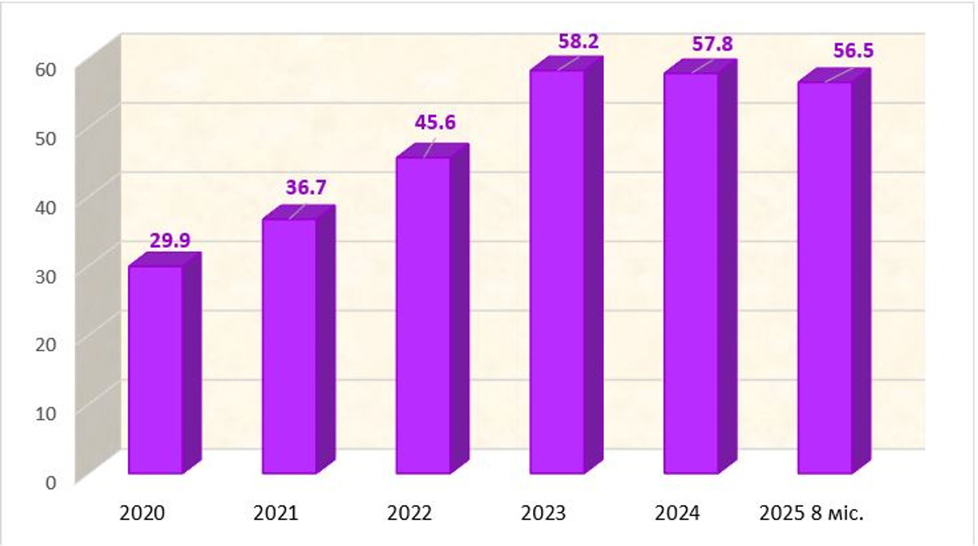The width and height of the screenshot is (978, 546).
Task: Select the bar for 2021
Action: [x=289, y=346]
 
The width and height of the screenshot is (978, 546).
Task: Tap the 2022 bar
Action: [x=422, y=315]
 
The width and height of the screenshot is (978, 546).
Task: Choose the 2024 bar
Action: [x=690, y=273]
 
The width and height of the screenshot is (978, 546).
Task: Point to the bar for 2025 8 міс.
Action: [x=824, y=277]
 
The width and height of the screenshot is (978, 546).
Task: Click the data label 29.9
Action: [x=170, y=240]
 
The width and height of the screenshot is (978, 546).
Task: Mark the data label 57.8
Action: [x=713, y=44]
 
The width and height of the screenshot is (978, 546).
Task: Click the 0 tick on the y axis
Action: [x=51, y=482]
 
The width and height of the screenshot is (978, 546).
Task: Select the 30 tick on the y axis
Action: [x=46, y=275]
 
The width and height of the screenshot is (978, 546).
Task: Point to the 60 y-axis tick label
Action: [x=46, y=68]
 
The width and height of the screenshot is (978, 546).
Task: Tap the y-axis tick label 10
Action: [x=46, y=413]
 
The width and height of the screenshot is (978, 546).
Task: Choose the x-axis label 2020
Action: [x=143, y=513]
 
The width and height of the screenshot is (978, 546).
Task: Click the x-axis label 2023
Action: [x=544, y=513]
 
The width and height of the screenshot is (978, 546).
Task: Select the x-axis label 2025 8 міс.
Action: [x=812, y=513]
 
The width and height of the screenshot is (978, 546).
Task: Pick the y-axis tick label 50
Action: [x=46, y=138]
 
